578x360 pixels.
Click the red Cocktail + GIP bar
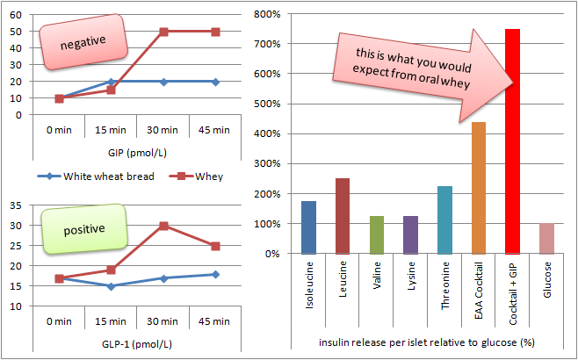512,141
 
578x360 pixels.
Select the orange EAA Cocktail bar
479,188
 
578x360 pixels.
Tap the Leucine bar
343,216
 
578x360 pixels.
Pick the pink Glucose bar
546,239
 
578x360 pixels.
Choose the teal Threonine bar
444,220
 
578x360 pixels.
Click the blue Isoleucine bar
308,227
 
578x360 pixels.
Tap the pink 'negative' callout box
83,41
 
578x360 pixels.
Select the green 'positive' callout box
84,229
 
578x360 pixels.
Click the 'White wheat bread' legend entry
96,176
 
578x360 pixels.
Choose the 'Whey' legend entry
196,176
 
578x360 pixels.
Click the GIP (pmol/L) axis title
137,153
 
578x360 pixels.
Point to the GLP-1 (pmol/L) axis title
137,344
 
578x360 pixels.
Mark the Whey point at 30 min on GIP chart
163,32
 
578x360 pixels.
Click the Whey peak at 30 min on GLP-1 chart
163,226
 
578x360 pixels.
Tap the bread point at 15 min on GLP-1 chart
112,286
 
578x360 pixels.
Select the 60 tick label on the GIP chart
17,15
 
